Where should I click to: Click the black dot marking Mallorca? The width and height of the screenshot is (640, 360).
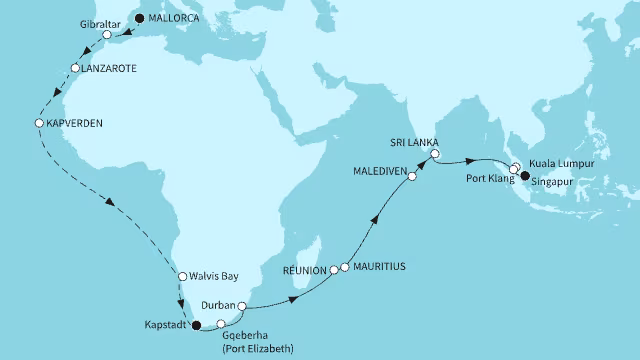(139, 18)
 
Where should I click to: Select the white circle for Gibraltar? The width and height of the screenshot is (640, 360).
(107, 35)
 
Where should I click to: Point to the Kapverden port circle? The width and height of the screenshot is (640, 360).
(39, 123)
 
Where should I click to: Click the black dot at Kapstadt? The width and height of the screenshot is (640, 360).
(196, 324)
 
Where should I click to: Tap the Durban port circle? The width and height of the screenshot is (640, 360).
(242, 306)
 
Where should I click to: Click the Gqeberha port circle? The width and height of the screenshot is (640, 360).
(221, 324)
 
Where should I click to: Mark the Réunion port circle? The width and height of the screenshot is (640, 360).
(334, 269)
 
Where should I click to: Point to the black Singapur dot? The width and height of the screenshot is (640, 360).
(523, 176)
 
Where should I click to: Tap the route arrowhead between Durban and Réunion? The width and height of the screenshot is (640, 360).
(293, 299)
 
